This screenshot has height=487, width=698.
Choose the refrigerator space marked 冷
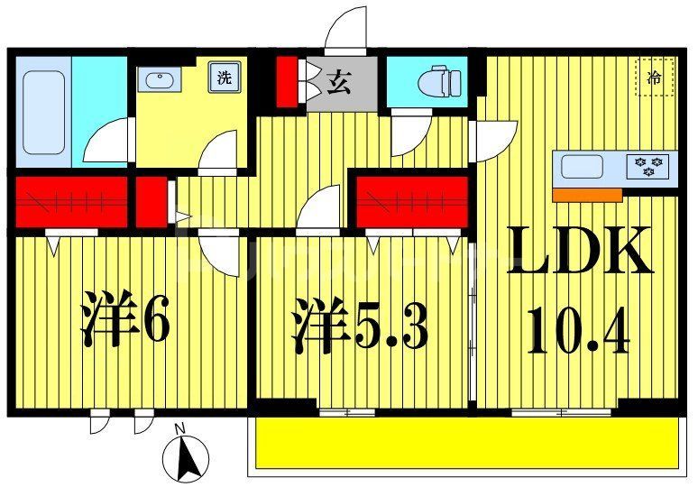(x=655, y=78)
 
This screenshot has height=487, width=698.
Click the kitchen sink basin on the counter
(x=582, y=167)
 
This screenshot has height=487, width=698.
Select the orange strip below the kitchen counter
(x=587, y=195)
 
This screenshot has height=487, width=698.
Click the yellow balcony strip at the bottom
(x=464, y=444)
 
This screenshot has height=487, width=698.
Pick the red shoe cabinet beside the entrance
(x=287, y=83)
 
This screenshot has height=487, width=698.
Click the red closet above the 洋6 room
(x=70, y=202)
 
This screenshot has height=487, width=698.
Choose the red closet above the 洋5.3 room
(x=412, y=202)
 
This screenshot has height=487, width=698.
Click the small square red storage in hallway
(x=152, y=202)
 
